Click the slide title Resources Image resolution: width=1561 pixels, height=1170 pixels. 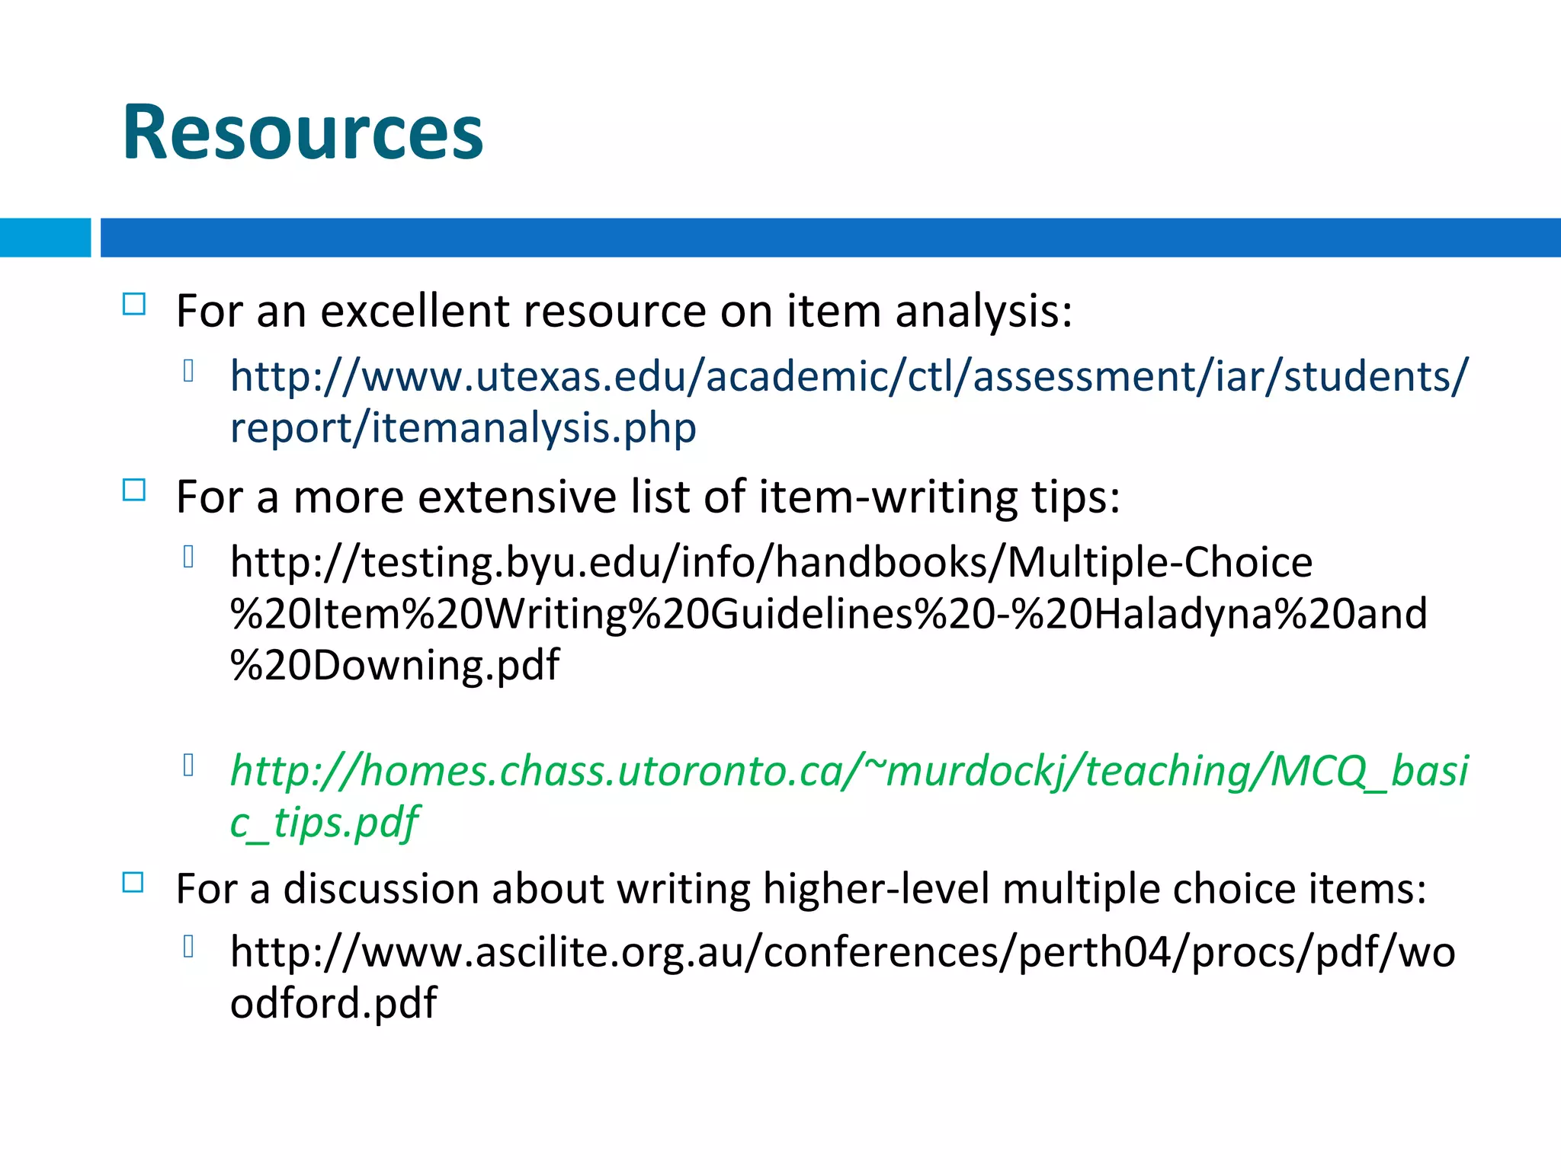[x=303, y=133]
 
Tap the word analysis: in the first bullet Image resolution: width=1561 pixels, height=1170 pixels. [x=983, y=312]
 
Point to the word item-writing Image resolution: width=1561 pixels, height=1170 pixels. [x=888, y=497]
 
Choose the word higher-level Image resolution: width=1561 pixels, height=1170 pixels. [x=876, y=889]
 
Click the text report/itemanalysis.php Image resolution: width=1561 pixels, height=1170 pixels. [x=463, y=428]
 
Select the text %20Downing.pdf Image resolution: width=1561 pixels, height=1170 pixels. [x=395, y=665]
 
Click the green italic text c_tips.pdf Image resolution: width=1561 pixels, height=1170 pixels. [x=324, y=823]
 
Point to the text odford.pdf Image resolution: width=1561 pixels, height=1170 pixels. [x=333, y=1002]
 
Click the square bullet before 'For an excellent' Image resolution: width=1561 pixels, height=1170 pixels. [x=134, y=304]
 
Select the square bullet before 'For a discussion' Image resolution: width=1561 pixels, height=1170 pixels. [x=133, y=882]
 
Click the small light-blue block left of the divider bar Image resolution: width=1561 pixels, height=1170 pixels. [x=45, y=238]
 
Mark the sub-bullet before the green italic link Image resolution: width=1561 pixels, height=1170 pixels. [x=189, y=764]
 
